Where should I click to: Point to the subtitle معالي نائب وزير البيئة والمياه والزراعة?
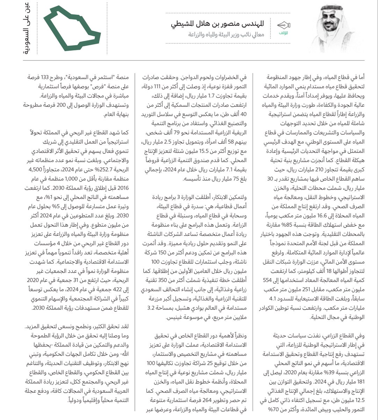click(x=226, y=35)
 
